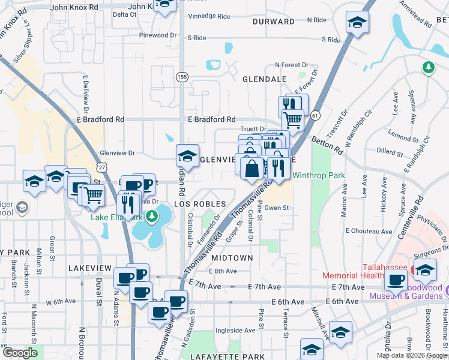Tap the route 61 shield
[x=316, y=115]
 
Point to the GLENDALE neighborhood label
[x=264, y=79]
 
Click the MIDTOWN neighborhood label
[x=232, y=257]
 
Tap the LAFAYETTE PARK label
[x=228, y=356]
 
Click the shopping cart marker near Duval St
[x=92, y=195]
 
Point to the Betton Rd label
[x=327, y=145]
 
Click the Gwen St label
[x=277, y=208]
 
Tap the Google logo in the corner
[x=20, y=353]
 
